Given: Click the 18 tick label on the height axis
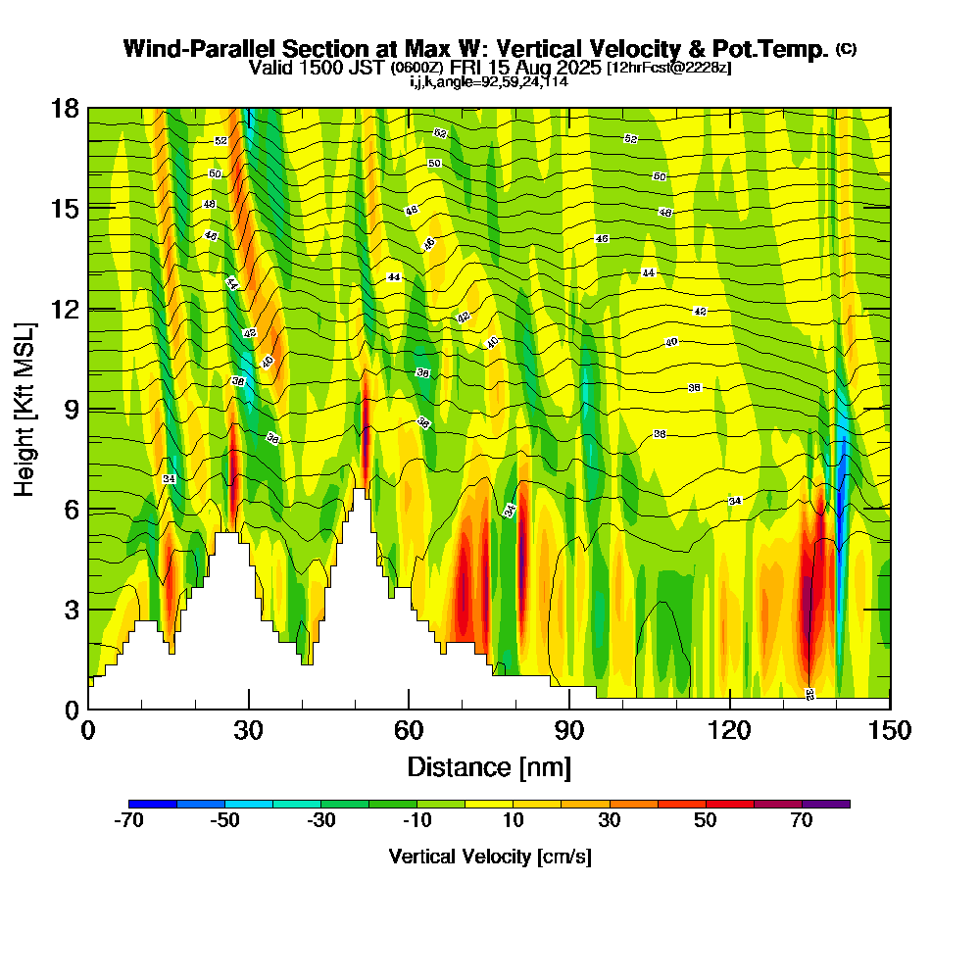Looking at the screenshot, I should [x=65, y=108].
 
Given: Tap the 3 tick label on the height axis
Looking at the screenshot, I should [x=71, y=610].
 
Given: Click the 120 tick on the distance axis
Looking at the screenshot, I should [x=730, y=708].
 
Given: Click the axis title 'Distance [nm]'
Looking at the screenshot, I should [x=489, y=765].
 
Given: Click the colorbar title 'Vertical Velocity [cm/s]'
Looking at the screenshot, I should [x=490, y=857].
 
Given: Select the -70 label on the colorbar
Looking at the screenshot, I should [x=129, y=821].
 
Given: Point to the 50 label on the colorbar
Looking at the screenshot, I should [x=706, y=821].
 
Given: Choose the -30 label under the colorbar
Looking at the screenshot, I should [x=321, y=821].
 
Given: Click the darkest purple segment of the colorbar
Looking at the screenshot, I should [x=826, y=804].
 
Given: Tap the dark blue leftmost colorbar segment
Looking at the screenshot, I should [x=153, y=804].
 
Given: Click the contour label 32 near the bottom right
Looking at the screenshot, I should [x=809, y=694].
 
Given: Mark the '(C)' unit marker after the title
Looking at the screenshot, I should [x=846, y=49].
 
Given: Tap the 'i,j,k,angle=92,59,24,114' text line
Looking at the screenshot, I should [x=489, y=81].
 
